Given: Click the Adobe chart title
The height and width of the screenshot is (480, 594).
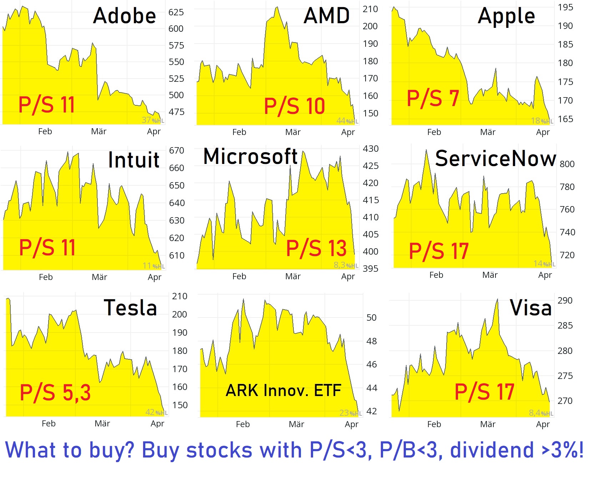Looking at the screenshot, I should point(124,16).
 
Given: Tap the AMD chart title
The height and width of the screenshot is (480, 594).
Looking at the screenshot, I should point(327,16).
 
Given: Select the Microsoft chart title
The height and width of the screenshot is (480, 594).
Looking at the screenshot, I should point(250,157).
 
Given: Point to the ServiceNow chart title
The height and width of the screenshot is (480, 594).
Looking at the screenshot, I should point(495,159).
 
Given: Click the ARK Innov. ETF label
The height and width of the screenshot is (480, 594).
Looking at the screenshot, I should point(283,390).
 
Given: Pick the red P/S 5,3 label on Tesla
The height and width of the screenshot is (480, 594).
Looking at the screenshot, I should point(55,392).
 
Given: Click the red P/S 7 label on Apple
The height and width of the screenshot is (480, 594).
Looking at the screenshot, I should point(433,98).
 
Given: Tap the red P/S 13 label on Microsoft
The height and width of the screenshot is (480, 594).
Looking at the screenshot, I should point(316,248).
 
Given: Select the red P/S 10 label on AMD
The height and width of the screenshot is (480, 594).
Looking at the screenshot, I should point(295,106).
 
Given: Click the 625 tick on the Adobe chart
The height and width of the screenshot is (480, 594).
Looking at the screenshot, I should point(176,12).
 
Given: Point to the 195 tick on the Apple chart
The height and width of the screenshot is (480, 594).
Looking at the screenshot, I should point(565,7).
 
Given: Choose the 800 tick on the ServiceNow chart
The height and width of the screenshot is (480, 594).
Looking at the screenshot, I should point(567,164).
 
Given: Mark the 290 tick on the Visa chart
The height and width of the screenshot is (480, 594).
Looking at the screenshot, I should point(565,301).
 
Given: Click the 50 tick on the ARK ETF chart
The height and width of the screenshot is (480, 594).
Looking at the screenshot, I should point(371,318).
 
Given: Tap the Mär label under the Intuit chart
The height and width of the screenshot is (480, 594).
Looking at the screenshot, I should point(99,277).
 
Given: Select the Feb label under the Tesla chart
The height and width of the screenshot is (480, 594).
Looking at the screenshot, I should point(49,424).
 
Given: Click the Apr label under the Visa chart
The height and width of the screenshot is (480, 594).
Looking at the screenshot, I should point(543,424).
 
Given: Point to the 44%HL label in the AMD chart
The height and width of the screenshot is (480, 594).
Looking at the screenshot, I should point(347,121).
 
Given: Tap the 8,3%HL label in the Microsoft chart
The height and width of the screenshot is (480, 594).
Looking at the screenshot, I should point(346,265).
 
